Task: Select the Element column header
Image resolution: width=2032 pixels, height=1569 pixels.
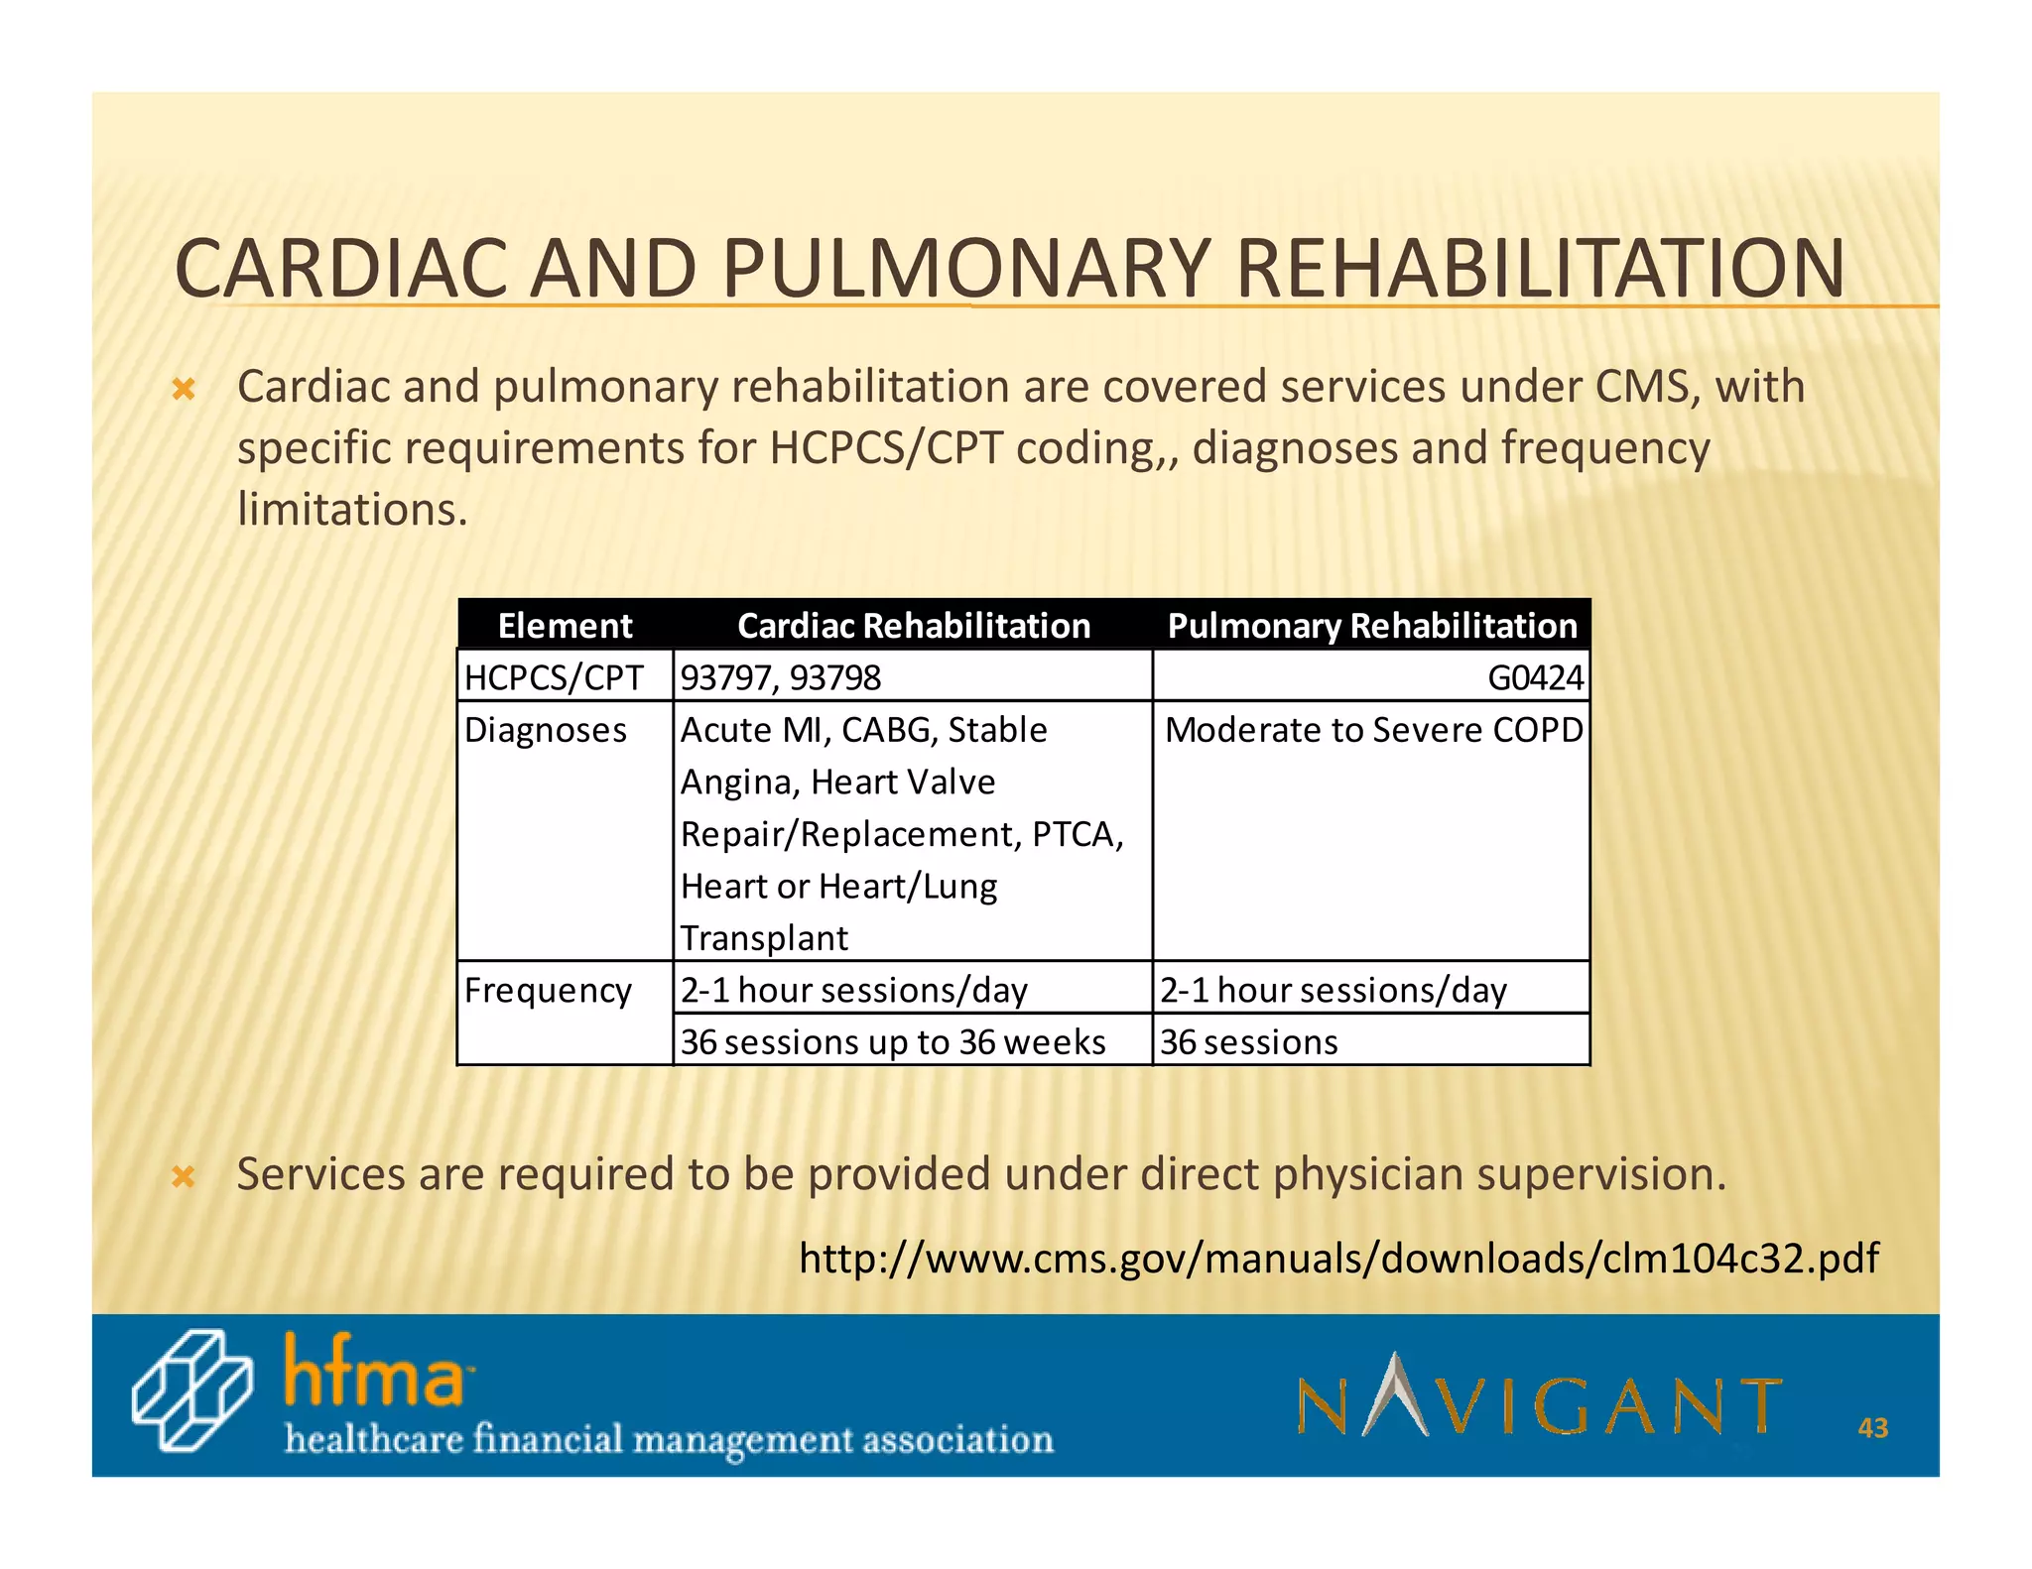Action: pos(565,626)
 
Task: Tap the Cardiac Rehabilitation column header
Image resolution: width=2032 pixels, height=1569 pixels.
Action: pos(913,626)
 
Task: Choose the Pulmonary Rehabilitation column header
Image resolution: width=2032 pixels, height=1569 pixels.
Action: pos(1371,626)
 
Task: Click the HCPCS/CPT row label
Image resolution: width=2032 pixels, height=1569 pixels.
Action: pos(554,677)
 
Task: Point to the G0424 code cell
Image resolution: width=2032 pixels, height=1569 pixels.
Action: pos(1535,677)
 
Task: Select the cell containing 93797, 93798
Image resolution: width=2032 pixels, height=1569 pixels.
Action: pos(781,677)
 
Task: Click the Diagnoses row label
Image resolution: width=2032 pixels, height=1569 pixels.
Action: pos(546,730)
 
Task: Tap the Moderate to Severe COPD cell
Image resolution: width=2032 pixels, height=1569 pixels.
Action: pos(1373,730)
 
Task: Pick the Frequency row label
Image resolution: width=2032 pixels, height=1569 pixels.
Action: pos(548,990)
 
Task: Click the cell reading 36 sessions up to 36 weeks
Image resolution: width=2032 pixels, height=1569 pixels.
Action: pos(893,1041)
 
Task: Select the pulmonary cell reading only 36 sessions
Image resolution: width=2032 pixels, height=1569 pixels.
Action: pos(1249,1041)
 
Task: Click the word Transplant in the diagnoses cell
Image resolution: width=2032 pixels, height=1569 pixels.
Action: pos(764,938)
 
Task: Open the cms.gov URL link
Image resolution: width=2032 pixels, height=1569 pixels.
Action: pos(1338,1258)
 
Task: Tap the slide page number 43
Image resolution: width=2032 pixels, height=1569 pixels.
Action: pos(1872,1428)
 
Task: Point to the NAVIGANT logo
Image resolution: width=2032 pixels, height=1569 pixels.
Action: pos(1539,1397)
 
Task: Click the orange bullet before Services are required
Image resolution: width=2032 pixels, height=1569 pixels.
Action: pos(184,1177)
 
